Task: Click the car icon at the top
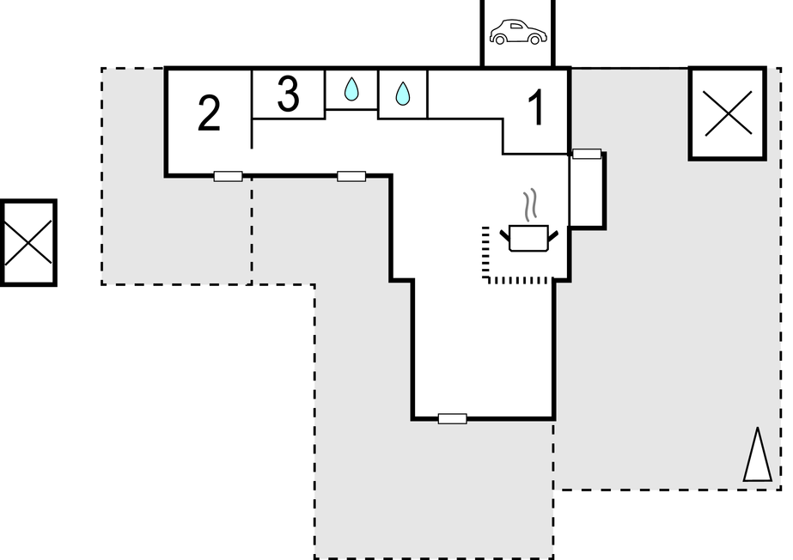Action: (518, 32)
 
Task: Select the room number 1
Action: (536, 107)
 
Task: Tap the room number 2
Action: (209, 113)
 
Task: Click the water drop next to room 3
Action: (351, 89)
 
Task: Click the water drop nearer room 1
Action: (403, 94)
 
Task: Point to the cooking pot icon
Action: (529, 238)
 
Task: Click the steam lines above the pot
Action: (529, 204)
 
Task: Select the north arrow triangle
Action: (758, 454)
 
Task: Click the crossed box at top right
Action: (728, 113)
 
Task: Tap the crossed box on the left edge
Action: (28, 242)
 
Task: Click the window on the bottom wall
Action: (452, 418)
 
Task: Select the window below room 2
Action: (228, 176)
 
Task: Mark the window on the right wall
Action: (587, 154)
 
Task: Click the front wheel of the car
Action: (534, 39)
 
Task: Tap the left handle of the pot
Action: (504, 235)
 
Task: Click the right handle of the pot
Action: (553, 235)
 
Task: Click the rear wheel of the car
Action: (500, 39)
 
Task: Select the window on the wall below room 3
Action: (351, 176)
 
